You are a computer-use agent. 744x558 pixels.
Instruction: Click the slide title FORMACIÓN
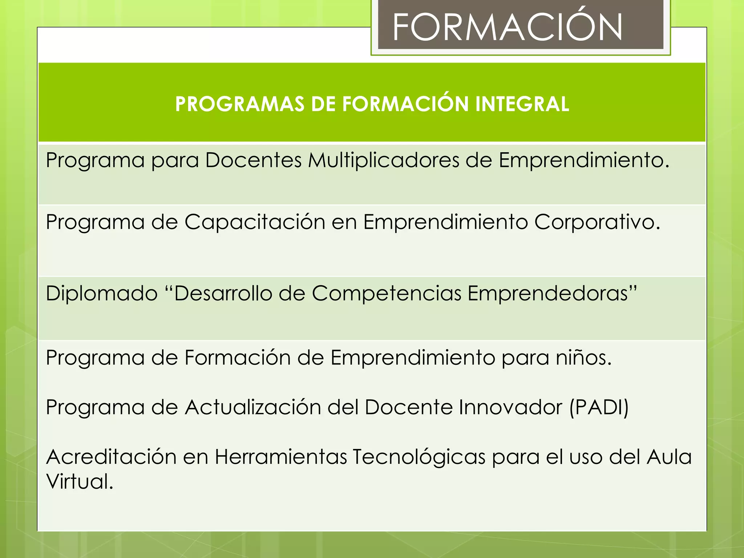coord(507,27)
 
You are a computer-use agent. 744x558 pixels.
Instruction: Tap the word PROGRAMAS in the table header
coord(240,104)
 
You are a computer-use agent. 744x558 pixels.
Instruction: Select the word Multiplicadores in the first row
coord(384,160)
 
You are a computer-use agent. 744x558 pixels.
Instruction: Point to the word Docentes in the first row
coord(253,160)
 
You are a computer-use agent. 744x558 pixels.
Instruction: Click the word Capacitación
coord(255,222)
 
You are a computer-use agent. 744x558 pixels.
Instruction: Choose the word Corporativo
coord(597,222)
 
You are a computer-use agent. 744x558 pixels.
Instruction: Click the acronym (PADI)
coord(599,407)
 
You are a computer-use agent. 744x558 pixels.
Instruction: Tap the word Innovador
coord(510,407)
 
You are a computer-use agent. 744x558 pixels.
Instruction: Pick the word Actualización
coord(253,407)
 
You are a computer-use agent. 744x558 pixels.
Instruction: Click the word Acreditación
coord(111,457)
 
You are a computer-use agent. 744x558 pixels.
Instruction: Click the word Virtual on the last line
coord(80,481)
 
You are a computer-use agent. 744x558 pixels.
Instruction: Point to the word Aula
coord(669,457)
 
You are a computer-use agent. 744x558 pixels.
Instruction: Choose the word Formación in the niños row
coord(238,357)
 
